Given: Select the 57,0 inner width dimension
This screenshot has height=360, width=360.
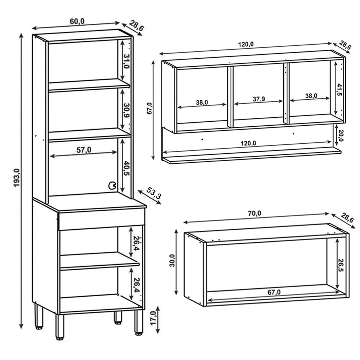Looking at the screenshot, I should click(x=83, y=150).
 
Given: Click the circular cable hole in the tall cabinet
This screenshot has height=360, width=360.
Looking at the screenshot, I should click(x=112, y=186).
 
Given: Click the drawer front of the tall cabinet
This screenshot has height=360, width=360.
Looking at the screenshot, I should click(x=101, y=219).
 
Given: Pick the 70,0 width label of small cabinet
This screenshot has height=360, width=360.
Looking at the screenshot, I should click(x=254, y=213).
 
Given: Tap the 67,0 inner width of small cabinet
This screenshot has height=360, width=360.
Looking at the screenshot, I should click(x=274, y=292).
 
